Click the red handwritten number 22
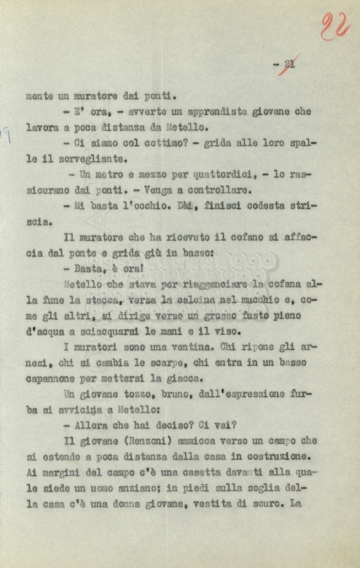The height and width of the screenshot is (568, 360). pyautogui.click(x=334, y=26)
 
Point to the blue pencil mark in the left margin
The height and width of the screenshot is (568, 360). pyautogui.click(x=7, y=135)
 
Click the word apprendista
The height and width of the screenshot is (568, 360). pyautogui.click(x=215, y=111)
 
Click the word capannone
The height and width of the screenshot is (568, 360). pyautogui.click(x=53, y=379)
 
